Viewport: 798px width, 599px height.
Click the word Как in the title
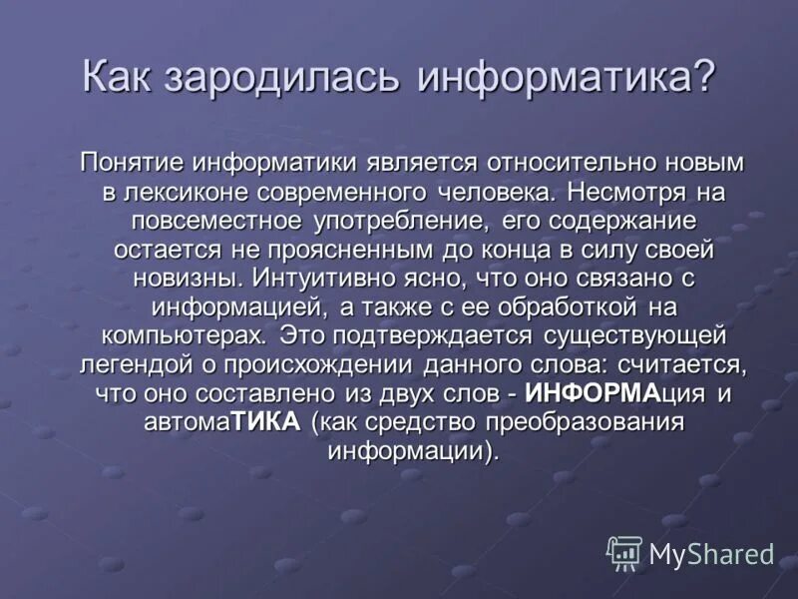(x=122, y=78)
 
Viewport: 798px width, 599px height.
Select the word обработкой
(x=553, y=305)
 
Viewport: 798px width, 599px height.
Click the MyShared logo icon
(x=624, y=552)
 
